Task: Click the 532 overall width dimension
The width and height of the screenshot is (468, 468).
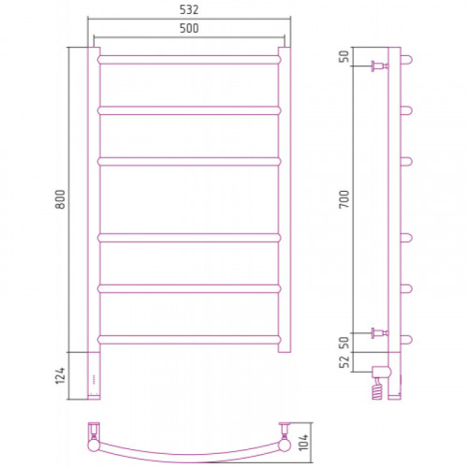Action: (189, 10)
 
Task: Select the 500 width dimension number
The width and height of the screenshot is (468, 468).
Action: (189, 28)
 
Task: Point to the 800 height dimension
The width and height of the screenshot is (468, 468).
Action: (60, 199)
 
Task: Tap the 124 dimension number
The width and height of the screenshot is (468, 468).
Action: (60, 375)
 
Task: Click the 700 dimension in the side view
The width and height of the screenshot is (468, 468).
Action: (344, 199)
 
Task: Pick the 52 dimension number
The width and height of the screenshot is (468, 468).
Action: (344, 362)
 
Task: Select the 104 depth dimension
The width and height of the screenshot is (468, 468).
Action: (303, 442)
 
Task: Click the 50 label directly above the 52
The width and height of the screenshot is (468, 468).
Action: (344, 343)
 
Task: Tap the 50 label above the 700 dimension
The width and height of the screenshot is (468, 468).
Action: (344, 56)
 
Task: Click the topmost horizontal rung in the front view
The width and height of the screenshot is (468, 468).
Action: (189, 60)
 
